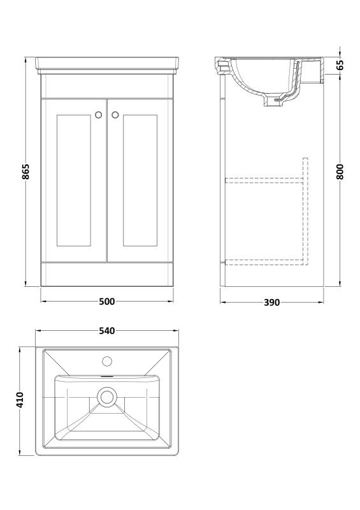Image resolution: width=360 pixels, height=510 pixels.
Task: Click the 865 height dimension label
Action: coord(26,171)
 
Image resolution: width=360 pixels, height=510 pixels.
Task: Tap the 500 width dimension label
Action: coord(106,302)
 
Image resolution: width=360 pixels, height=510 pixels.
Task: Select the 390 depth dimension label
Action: coord(271,302)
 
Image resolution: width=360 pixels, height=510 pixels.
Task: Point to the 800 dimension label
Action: coord(340,171)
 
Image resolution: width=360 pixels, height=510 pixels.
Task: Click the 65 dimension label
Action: coord(340,66)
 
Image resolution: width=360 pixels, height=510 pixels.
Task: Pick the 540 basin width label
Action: coord(106,330)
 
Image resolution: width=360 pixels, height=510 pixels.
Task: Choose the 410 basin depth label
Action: coord(20,400)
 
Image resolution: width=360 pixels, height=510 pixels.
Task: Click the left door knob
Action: coord(99,115)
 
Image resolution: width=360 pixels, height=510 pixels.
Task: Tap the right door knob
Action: coord(115,115)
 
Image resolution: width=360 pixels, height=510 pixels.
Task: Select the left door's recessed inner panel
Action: coord(73,180)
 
